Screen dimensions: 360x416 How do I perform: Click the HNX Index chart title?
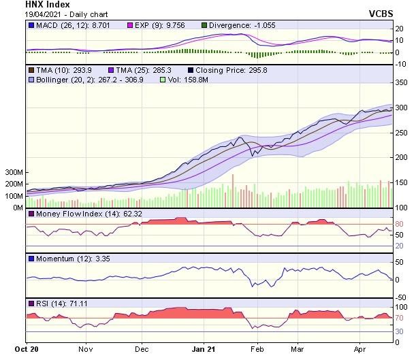[29, 4]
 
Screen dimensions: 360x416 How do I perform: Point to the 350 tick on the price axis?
[402, 82]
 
